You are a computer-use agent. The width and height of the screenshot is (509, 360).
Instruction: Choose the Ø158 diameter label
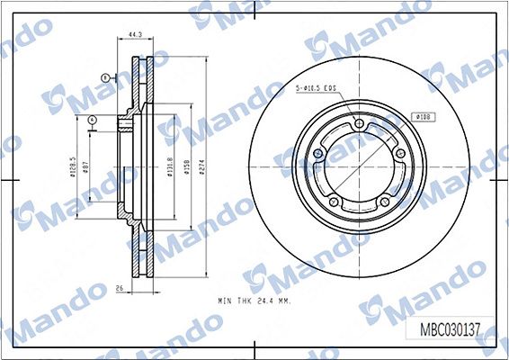coord(186,168)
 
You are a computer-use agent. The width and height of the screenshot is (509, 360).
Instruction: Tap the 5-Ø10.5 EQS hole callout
coord(317,88)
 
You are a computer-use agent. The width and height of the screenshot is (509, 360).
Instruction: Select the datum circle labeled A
coord(94,120)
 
